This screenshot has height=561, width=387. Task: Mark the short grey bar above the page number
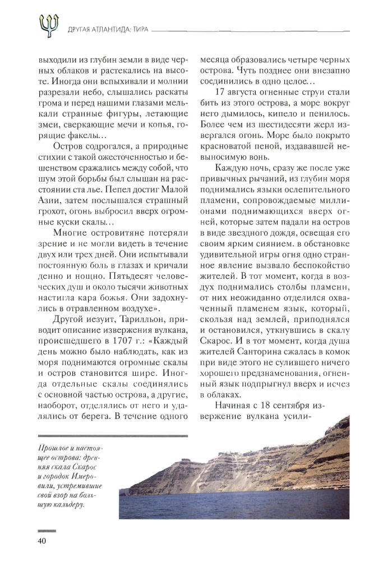click(47, 530)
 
